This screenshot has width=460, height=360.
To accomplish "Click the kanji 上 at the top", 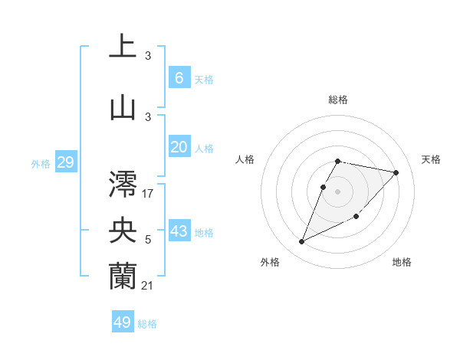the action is click(123, 46).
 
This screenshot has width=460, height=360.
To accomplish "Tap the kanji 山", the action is click(123, 107).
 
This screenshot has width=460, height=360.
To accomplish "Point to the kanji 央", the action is click(123, 229).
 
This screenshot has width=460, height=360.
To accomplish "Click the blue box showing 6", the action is click(179, 78).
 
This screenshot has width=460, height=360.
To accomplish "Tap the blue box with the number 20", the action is click(179, 147).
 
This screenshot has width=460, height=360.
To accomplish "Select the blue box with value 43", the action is click(179, 231).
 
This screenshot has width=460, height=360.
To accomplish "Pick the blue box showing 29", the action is click(65, 162).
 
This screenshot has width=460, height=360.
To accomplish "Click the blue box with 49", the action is click(123, 322).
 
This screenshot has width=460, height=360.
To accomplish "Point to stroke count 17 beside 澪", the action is click(148, 193).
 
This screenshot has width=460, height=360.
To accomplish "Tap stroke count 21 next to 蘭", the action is click(148, 286).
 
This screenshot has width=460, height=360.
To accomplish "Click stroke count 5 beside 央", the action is click(148, 241).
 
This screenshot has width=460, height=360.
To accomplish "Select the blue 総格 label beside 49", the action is click(147, 324).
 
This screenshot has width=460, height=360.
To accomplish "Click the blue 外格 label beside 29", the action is click(40, 164).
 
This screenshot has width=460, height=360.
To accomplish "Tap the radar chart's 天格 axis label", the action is click(432, 159).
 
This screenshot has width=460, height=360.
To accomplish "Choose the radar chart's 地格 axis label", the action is click(402, 262).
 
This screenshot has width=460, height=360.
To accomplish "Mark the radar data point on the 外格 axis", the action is click(301, 242).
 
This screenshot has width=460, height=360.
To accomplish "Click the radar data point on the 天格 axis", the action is click(396, 172).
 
